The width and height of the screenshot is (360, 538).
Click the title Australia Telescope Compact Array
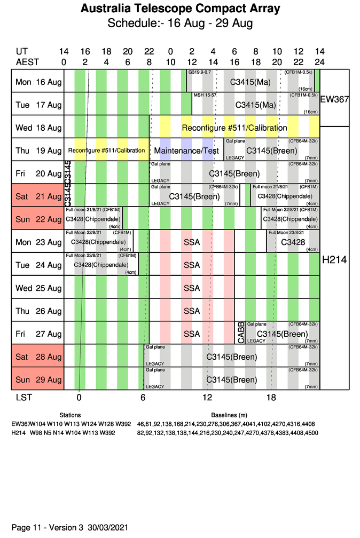point(180,9)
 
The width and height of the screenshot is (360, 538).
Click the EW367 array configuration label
point(334,99)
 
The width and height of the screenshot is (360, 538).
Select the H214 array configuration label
point(334,260)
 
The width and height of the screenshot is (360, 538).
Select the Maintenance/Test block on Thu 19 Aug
point(186,151)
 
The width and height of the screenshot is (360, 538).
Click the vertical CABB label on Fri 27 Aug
point(240,333)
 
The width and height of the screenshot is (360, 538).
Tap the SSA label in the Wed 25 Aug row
point(192,288)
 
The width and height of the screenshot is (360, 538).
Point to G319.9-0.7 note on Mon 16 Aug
point(200,72)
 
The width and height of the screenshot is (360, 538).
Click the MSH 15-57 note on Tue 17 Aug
point(205,95)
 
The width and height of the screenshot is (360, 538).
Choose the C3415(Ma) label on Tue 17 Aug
point(255,105)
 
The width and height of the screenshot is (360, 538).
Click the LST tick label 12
point(207,397)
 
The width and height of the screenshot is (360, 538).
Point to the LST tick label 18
point(271,397)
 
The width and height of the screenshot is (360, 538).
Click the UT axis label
point(22,52)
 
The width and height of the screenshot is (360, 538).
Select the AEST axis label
point(27,61)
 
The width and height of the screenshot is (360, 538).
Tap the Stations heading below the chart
point(70,415)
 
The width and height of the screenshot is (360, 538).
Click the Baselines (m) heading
point(229,415)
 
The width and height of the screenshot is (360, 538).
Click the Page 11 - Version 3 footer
point(70,527)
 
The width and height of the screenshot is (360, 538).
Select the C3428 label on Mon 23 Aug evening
point(292,242)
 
